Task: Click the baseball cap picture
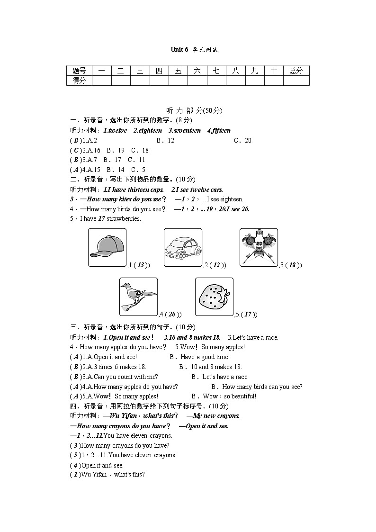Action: (x=107, y=247)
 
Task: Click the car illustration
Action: (x=183, y=247)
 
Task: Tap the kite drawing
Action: (x=259, y=247)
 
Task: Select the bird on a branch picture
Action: (x=138, y=297)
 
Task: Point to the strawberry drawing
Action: (x=214, y=297)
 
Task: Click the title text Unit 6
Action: (x=179, y=50)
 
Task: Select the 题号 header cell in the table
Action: (x=79, y=71)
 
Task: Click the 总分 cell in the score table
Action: (x=296, y=71)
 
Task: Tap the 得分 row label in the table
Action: (x=79, y=81)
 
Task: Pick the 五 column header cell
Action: (x=178, y=71)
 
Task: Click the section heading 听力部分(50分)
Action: (x=188, y=110)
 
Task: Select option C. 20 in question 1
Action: (x=242, y=140)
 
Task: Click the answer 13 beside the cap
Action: (x=141, y=265)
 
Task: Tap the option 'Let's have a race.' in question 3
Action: (x=220, y=377)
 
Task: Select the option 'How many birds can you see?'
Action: (x=257, y=387)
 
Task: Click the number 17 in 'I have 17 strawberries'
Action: (x=101, y=218)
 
